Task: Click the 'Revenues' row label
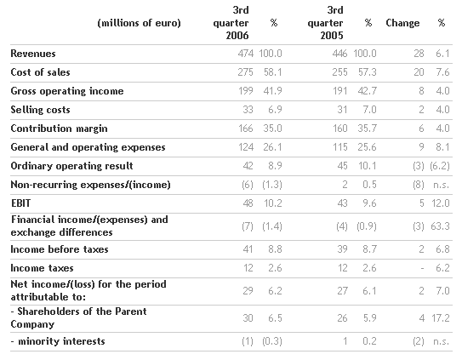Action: pyautogui.click(x=33, y=54)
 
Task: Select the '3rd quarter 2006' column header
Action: pyautogui.click(x=231, y=23)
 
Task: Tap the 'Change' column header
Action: pyautogui.click(x=402, y=23)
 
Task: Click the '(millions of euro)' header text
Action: pyautogui.click(x=139, y=23)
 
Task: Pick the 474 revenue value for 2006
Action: pyautogui.click(x=246, y=54)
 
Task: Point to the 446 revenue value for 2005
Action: pyautogui.click(x=339, y=54)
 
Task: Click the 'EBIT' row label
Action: pyautogui.click(x=20, y=203)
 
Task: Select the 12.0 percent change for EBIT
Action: pyautogui.click(x=441, y=203)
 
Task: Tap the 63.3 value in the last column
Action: pyautogui.click(x=440, y=226)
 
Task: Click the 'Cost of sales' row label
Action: pyautogui.click(x=40, y=72)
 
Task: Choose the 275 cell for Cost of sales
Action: pyautogui.click(x=246, y=72)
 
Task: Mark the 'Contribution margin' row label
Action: pyautogui.click(x=59, y=129)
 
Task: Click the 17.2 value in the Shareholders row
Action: pyautogui.click(x=441, y=318)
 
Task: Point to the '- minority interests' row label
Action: pyautogui.click(x=58, y=341)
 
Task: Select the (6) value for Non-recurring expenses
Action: pyautogui.click(x=248, y=185)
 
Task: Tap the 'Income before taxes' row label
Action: pyautogui.click(x=60, y=249)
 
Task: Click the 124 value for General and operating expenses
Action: pyautogui.click(x=246, y=147)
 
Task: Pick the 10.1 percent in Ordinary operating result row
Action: pyautogui.click(x=368, y=166)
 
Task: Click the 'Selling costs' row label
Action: pyautogui.click(x=40, y=110)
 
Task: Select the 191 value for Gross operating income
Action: pyautogui.click(x=339, y=91)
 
